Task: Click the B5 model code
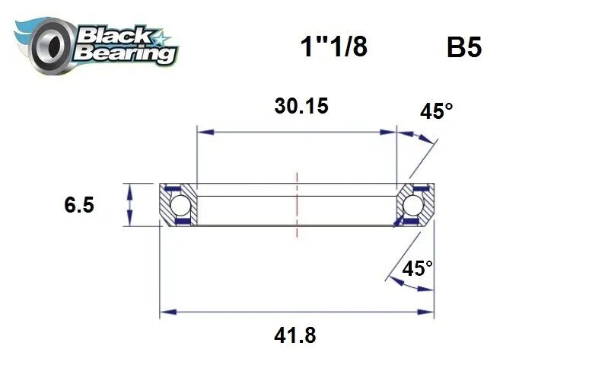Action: pos(464,48)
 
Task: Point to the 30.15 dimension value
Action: pos(301,106)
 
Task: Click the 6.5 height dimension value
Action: pos(79,206)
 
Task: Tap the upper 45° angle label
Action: pos(436,112)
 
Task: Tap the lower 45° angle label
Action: pos(417,268)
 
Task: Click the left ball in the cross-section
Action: pos(180,205)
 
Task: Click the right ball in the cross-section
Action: pos(413,205)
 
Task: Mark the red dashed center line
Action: pos(296,206)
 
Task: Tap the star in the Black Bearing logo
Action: pos(162,37)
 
